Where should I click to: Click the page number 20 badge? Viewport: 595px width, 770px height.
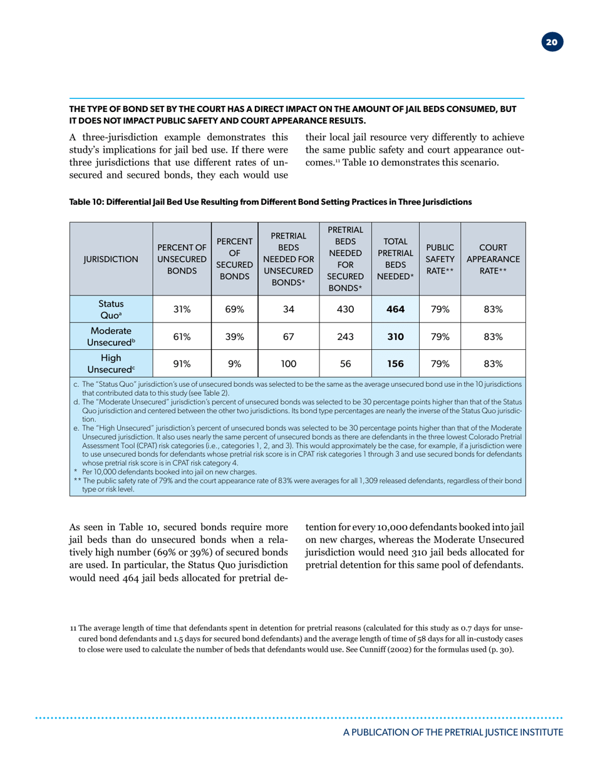tap(552, 43)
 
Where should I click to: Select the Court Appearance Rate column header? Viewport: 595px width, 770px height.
tap(492, 256)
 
